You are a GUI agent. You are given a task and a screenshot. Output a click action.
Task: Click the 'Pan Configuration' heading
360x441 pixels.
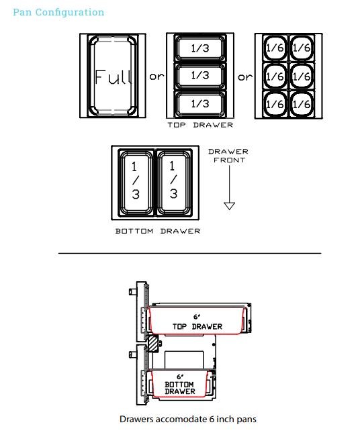(x=58, y=12)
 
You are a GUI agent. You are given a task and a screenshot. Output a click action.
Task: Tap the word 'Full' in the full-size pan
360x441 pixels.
(x=113, y=77)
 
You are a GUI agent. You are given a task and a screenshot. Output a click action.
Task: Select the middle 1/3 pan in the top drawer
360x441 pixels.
(x=200, y=75)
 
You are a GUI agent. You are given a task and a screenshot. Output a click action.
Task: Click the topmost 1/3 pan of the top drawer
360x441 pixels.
(x=200, y=48)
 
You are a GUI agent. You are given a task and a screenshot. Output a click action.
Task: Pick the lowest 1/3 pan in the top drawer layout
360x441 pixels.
(x=200, y=103)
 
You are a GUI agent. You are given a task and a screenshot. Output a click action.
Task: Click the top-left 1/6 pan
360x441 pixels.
(x=275, y=48)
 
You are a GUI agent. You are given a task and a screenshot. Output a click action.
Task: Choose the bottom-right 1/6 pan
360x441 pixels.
(x=302, y=104)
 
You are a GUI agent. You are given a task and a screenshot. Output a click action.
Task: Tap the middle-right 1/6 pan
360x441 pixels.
(x=302, y=77)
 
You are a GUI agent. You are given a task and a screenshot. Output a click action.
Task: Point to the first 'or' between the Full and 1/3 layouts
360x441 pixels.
(x=156, y=77)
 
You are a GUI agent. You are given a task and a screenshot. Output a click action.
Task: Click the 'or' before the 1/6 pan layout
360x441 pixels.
(x=245, y=77)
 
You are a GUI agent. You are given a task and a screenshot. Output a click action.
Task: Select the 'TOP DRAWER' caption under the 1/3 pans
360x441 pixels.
(x=200, y=125)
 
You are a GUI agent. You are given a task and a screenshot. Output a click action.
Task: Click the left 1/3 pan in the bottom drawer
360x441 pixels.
(x=136, y=183)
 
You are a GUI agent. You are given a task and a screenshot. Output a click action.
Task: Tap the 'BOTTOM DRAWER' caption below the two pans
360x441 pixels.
(x=158, y=231)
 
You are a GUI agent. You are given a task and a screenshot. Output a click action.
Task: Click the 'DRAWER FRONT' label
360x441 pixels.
(x=228, y=156)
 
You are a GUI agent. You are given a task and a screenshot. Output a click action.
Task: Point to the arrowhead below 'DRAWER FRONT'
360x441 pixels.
(x=230, y=206)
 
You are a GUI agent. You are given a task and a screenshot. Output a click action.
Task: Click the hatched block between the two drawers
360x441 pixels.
(x=153, y=344)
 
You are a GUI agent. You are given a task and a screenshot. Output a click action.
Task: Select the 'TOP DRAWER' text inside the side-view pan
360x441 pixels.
(x=197, y=326)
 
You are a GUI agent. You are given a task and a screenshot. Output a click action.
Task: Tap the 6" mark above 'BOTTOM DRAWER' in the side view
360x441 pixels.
(x=180, y=377)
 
